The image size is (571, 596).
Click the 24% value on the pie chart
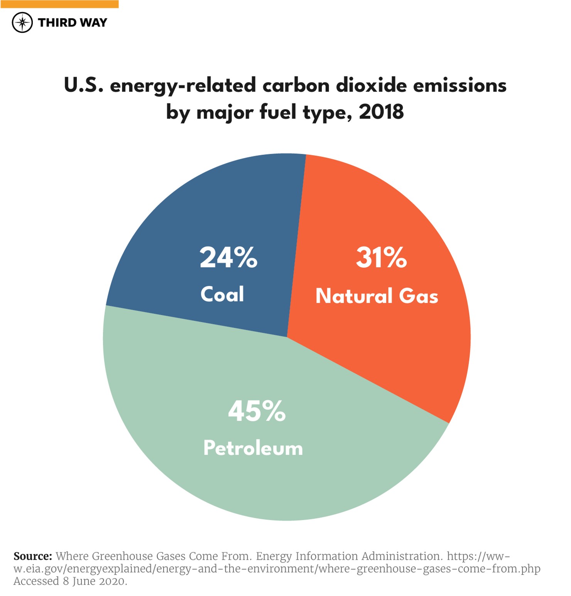pos(228,257)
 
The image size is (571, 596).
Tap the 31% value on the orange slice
pos(381,257)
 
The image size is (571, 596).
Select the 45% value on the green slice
pos(257,411)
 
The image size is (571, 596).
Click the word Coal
pos(222,294)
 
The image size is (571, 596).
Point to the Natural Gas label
pos(377,296)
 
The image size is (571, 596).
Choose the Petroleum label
pos(253,448)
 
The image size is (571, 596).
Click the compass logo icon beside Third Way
pos(22,22)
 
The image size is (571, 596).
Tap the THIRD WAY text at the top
pos(73,23)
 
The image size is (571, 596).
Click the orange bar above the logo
pos(59,4)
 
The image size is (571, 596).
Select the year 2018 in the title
pos(381,112)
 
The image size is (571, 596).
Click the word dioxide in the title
pos(371,85)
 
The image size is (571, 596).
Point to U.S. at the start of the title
pos(83,85)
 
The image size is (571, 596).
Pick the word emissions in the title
pos(460,85)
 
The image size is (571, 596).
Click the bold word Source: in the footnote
pos(33,556)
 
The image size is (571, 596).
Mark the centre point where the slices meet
pos(287,337)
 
